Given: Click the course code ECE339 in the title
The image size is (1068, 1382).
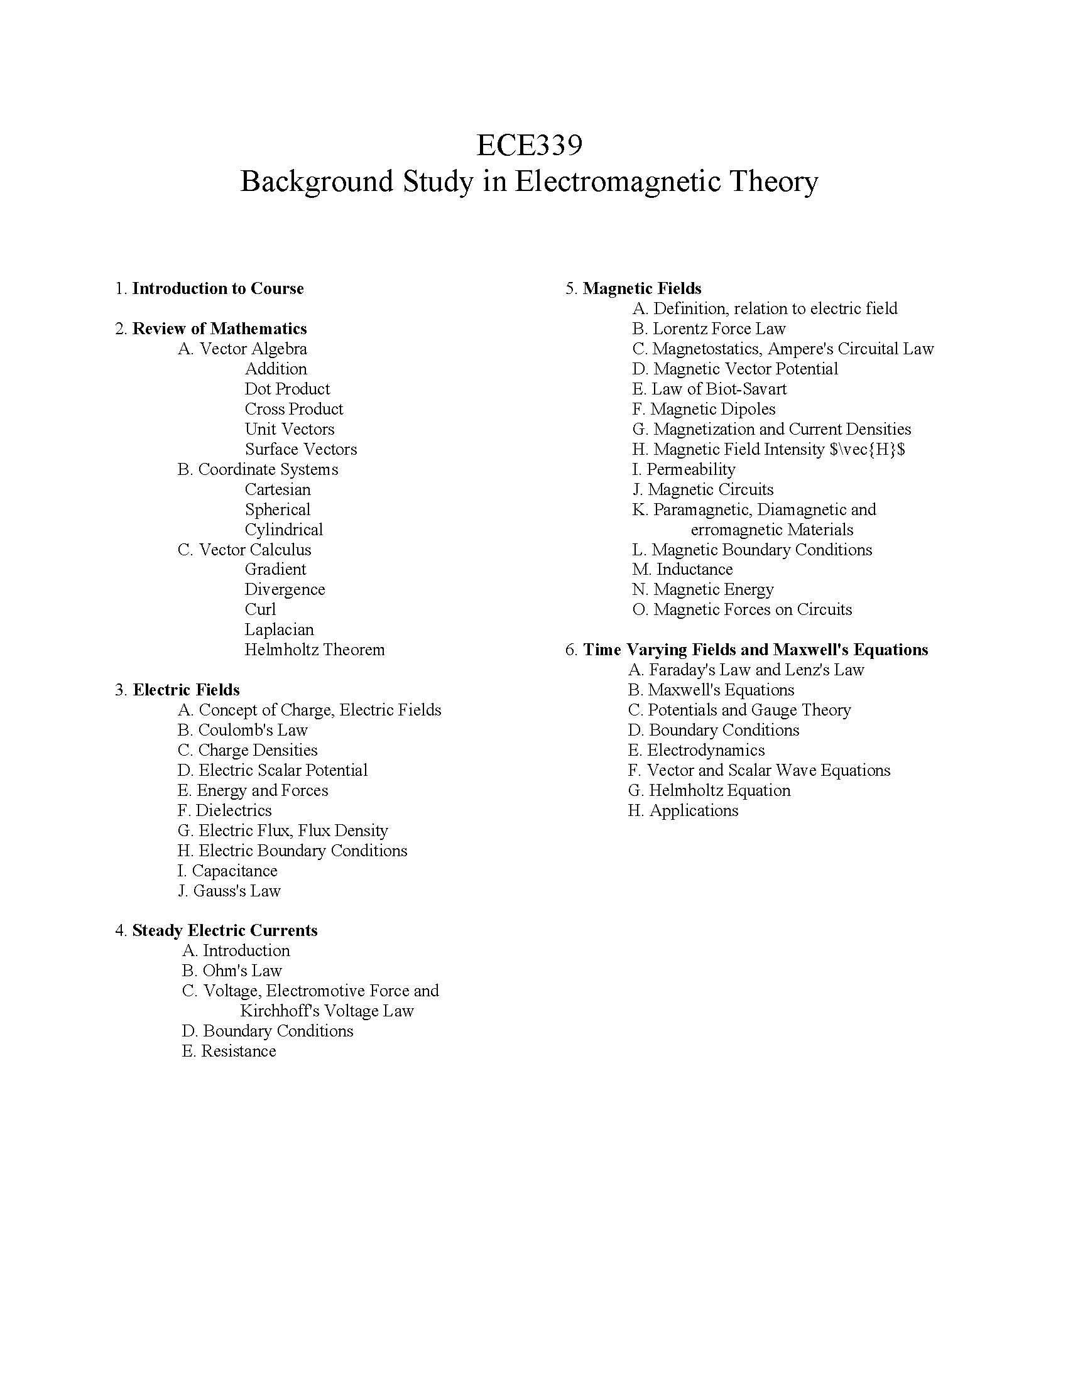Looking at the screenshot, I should [x=529, y=145].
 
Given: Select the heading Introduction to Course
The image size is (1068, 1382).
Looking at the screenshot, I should [x=217, y=288].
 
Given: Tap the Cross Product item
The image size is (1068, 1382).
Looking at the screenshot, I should [x=293, y=409].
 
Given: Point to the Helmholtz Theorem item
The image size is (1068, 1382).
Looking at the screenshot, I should [x=315, y=650].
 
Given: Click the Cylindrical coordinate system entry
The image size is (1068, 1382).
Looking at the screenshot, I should [x=283, y=530].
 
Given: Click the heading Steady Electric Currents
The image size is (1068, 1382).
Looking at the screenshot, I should [x=225, y=931].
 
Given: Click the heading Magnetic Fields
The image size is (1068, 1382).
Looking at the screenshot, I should [x=641, y=288].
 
